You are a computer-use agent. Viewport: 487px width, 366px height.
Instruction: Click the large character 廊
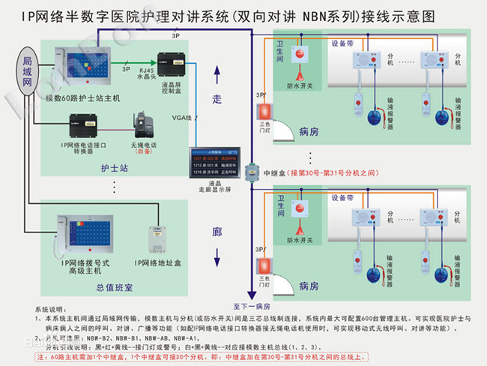coord(217,233)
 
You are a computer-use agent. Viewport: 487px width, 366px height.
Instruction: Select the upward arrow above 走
coord(217,73)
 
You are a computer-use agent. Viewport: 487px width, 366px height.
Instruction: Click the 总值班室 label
coord(115,286)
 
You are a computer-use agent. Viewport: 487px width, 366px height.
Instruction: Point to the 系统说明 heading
coord(49,309)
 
